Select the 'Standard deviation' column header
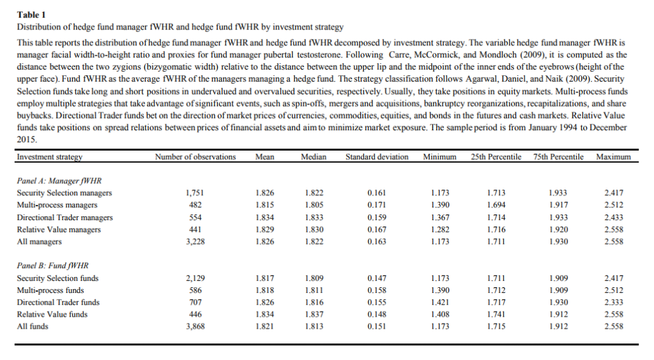[377, 157]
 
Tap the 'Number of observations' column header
[195, 157]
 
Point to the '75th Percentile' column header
[558, 157]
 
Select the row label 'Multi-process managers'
[57, 205]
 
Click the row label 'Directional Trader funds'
[58, 302]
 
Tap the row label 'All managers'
[39, 241]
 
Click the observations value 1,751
[194, 193]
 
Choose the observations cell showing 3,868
[194, 326]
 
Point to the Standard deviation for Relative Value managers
[377, 229]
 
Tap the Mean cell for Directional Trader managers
[264, 217]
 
